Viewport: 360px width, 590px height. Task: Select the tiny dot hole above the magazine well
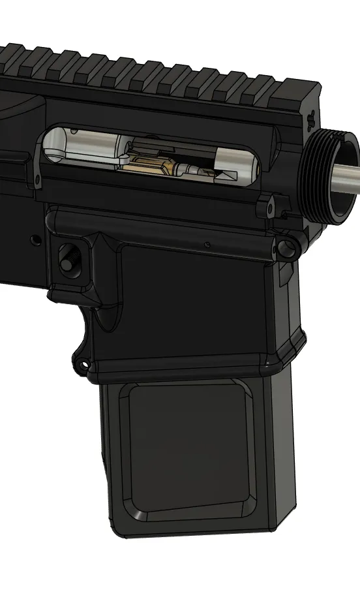coord(207,245)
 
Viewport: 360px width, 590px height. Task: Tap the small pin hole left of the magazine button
coord(36,240)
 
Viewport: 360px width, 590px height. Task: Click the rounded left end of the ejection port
coord(49,150)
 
